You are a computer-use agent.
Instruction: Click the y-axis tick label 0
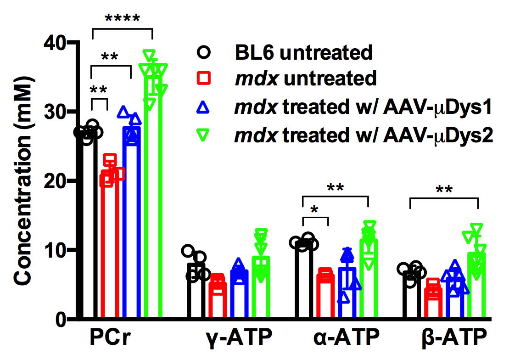pyautogui.click(x=61, y=319)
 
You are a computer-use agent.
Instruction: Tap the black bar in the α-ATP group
pyautogui.click(x=303, y=280)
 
